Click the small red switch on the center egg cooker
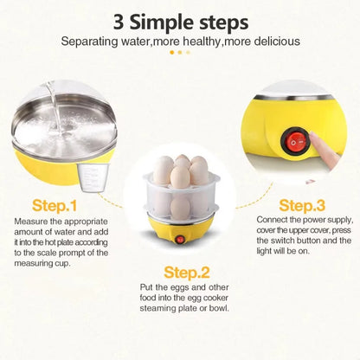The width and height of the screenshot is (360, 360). pyautogui.click(x=180, y=239)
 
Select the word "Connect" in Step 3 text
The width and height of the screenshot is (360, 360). pyautogui.click(x=273, y=219)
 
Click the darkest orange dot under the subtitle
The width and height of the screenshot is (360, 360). pyautogui.click(x=171, y=52)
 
